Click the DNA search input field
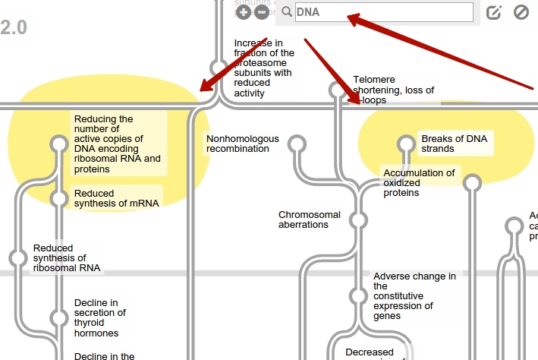pos(382,12)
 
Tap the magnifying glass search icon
pos(287,12)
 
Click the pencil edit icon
pos(494,12)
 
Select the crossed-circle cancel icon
pos(521,12)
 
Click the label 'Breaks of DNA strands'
pos(454,144)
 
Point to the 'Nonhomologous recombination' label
pos(243,144)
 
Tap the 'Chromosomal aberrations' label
pos(309,219)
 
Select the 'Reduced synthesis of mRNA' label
pos(116,198)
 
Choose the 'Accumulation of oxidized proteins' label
pos(418,183)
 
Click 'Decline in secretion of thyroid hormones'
pos(99,317)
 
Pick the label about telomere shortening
pos(393,90)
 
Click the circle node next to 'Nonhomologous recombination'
pos(298,144)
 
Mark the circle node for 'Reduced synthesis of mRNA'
pos(59,198)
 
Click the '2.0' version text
pos(14,28)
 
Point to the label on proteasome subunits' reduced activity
pos(263,68)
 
